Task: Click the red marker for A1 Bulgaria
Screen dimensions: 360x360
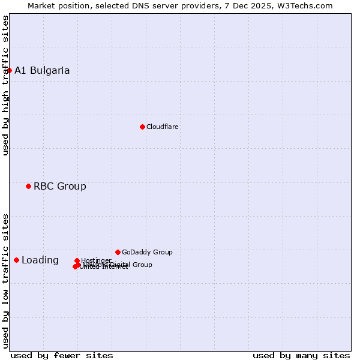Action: coord(9,70)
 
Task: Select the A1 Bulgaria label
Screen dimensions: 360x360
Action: coord(42,71)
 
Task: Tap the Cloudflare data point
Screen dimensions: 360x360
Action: coord(142,127)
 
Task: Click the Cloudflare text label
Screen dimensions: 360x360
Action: coord(163,127)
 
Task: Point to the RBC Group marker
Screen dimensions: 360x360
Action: coord(28,186)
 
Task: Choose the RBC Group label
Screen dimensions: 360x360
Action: coord(60,187)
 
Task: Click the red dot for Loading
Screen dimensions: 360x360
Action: coord(16,260)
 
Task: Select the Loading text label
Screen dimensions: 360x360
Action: coord(40,260)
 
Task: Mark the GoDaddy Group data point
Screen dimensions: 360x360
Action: coord(118,252)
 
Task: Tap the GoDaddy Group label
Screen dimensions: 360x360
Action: coord(147,253)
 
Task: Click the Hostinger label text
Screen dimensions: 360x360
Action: coord(96,260)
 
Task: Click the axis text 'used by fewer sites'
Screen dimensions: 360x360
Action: coord(62,356)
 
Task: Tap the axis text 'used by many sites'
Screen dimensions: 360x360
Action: coord(301,356)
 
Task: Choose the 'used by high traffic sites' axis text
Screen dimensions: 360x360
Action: coord(5,85)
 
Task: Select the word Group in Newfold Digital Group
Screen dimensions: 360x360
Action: coord(142,265)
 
